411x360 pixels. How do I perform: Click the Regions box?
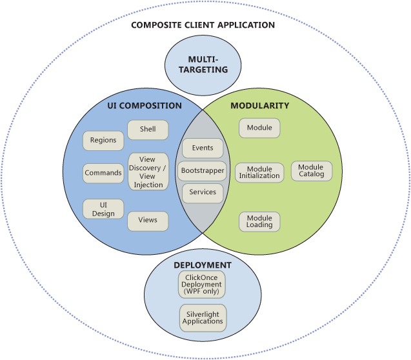[103, 141]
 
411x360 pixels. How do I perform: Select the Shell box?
[148, 129]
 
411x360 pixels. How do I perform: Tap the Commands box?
[103, 173]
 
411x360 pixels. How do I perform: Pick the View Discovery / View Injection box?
[148, 172]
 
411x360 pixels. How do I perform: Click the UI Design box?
[103, 209]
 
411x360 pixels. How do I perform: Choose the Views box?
[148, 220]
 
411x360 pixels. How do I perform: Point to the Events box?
[203, 148]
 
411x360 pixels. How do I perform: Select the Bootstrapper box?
[203, 171]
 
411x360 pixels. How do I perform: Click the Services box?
[203, 192]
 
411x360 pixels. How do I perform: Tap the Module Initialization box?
[259, 172]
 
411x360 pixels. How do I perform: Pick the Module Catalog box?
[311, 171]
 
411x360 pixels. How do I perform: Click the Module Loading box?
[259, 222]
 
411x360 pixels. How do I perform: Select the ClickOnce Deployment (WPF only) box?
[202, 285]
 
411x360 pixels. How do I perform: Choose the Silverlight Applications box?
[203, 317]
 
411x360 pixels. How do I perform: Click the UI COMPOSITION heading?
[145, 106]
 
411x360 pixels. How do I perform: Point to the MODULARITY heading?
[260, 105]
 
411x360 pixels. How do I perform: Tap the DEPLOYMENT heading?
[203, 265]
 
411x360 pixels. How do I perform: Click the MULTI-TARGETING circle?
[203, 65]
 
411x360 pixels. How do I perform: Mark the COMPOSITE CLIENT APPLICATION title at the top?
[203, 25]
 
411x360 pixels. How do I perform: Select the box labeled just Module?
[259, 128]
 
